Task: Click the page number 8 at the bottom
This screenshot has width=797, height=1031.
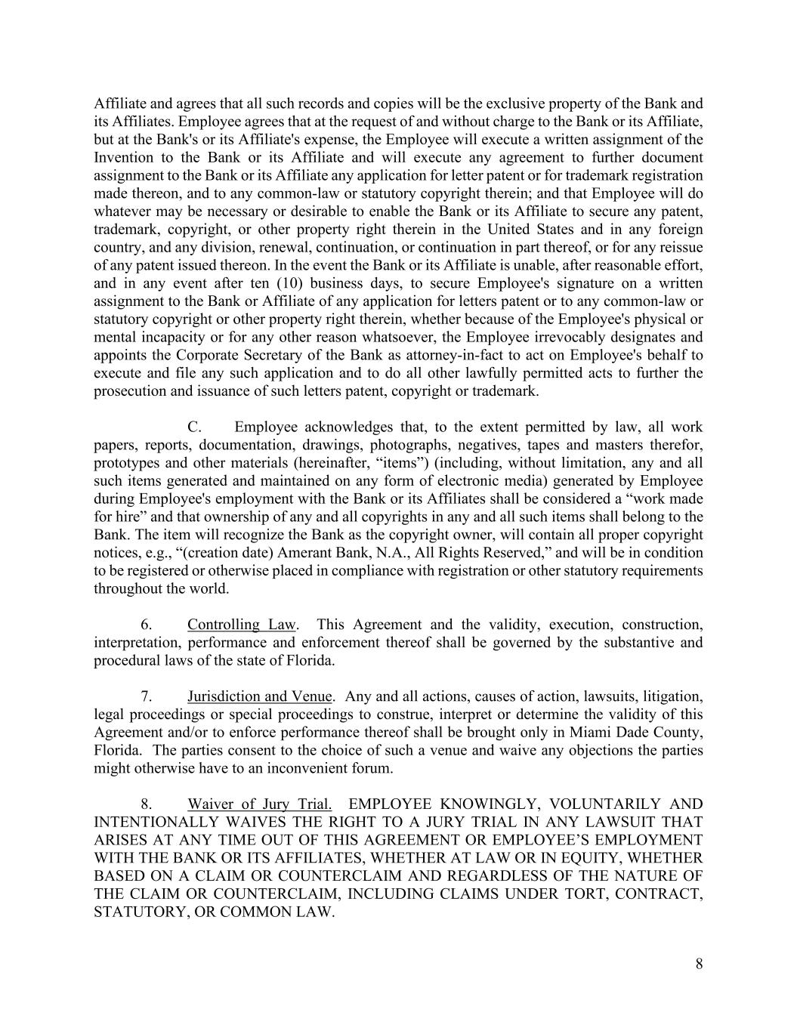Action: [699, 963]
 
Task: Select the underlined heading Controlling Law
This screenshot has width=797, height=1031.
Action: [242, 625]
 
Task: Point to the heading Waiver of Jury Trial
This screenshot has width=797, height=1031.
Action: [260, 804]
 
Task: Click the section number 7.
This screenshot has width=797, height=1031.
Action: [148, 696]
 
